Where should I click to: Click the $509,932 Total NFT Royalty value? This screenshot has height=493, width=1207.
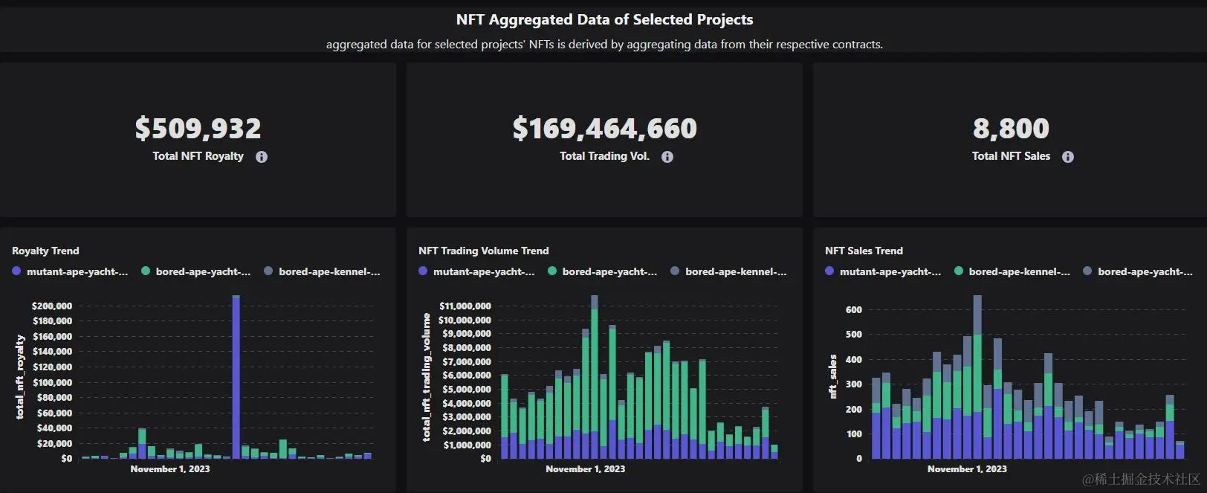coord(198,129)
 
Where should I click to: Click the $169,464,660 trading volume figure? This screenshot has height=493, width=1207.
coord(604,129)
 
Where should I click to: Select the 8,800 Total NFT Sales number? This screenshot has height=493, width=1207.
coord(1011,129)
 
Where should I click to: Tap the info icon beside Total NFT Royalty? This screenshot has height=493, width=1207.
coord(262,157)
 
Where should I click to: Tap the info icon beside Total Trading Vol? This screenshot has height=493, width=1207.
coord(667,157)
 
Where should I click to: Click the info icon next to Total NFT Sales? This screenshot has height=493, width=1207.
coord(1068,157)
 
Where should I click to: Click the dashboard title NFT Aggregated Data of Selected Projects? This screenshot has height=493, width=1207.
coord(604,20)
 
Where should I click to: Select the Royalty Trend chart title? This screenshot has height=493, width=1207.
coord(45,251)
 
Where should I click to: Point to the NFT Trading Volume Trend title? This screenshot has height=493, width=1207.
coord(483,251)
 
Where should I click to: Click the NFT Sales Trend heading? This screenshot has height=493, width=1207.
coord(864,251)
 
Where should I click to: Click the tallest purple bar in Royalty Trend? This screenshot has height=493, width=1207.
coord(236,379)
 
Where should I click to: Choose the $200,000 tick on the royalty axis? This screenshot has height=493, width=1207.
coord(52,306)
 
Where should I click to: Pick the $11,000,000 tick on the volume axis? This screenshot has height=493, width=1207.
coord(465,306)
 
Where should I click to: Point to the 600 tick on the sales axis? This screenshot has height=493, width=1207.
coord(854,309)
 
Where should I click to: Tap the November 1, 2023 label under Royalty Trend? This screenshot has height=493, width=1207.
coord(170,469)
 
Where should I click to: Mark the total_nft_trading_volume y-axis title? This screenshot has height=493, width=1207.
coord(427,377)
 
